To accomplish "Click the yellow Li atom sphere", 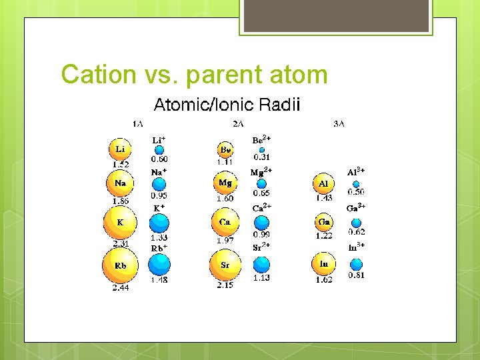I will (x=120, y=149).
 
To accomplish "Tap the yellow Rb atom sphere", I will (x=120, y=265).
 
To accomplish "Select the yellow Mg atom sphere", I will (x=225, y=182).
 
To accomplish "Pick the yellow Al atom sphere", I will (x=323, y=183).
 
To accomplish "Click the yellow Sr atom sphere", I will (x=225, y=265).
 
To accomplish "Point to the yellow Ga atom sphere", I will (x=324, y=222).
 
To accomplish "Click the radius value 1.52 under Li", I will (x=121, y=164).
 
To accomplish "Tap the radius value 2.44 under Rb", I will (x=121, y=288).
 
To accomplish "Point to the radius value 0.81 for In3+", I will (x=356, y=275).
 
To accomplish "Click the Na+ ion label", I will (x=159, y=172).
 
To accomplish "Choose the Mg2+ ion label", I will (x=261, y=172).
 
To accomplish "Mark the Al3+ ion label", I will (x=356, y=172).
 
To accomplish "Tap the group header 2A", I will (x=238, y=123).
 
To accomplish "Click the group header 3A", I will (x=339, y=123).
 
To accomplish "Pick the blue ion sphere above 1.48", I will (x=159, y=265).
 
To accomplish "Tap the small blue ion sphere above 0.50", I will (x=356, y=184).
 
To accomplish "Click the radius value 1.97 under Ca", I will (x=226, y=240).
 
